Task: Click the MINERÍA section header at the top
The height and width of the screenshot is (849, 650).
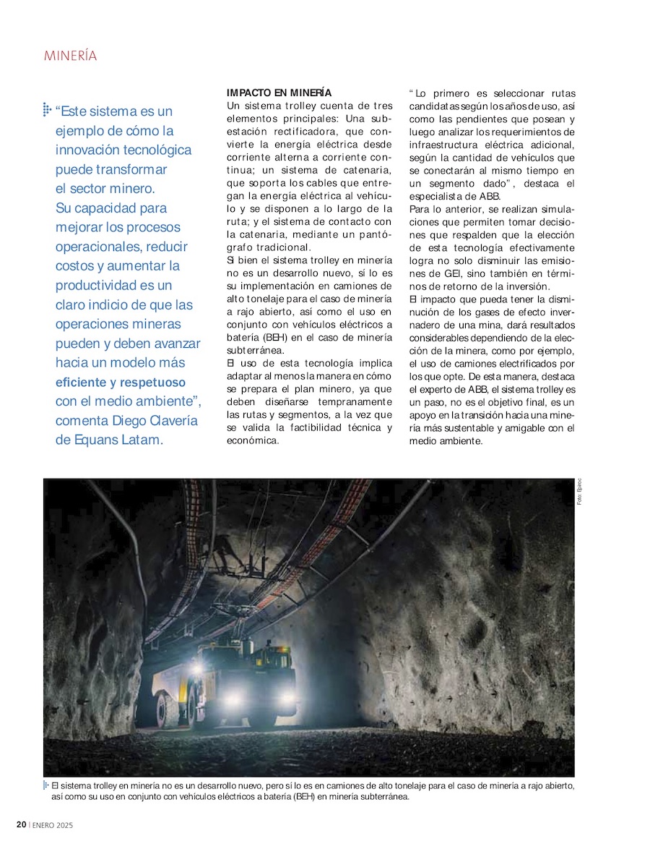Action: click(x=70, y=56)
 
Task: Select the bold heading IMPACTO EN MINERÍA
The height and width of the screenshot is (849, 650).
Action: click(x=279, y=93)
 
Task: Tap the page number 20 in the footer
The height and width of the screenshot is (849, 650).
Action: click(x=22, y=825)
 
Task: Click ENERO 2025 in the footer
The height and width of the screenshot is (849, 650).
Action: click(x=53, y=825)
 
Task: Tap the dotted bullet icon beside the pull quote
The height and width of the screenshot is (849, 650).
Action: click(x=47, y=110)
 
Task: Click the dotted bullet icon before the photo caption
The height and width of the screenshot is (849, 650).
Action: click(x=46, y=785)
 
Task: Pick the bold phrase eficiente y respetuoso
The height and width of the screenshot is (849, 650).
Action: click(x=121, y=382)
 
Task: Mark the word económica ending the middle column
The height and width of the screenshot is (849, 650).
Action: click(x=252, y=440)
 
